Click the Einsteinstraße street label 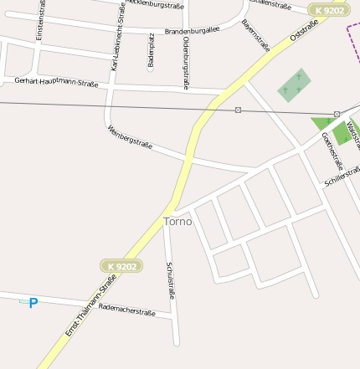[x=40, y=21]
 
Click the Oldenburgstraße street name [x=186, y=63]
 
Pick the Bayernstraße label [x=255, y=35]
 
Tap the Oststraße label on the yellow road [x=302, y=32]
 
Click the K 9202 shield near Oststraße [x=329, y=10]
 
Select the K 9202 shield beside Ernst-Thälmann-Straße [x=121, y=266]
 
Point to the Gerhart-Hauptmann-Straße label [x=56, y=81]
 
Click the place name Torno [x=177, y=222]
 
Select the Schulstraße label [x=171, y=280]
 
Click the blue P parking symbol [x=33, y=303]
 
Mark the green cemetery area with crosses [x=293, y=85]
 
